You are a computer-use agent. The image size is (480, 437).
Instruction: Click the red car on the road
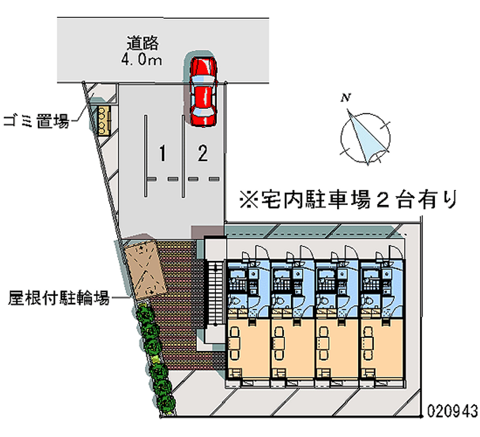pyautogui.click(x=202, y=91)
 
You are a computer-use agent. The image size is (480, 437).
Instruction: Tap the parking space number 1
pyautogui.click(x=162, y=154)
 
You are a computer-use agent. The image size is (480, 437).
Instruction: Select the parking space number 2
pyautogui.click(x=203, y=154)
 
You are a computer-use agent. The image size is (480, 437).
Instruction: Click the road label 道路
pyautogui.click(x=143, y=43)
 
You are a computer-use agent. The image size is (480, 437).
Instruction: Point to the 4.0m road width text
pyautogui.click(x=143, y=59)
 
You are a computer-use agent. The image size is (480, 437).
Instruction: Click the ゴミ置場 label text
pyautogui.click(x=36, y=120)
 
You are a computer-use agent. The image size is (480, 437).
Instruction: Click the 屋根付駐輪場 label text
pyautogui.click(x=59, y=297)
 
